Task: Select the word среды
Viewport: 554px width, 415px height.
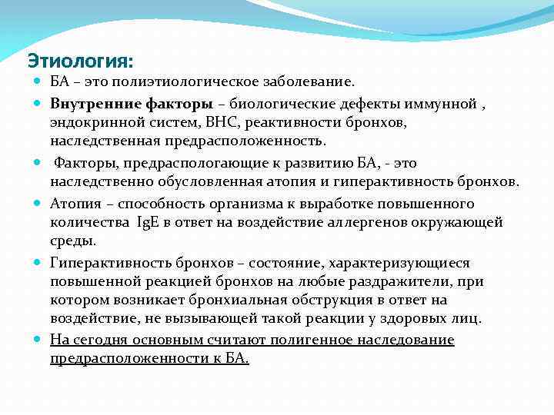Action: pyautogui.click(x=73, y=241)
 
